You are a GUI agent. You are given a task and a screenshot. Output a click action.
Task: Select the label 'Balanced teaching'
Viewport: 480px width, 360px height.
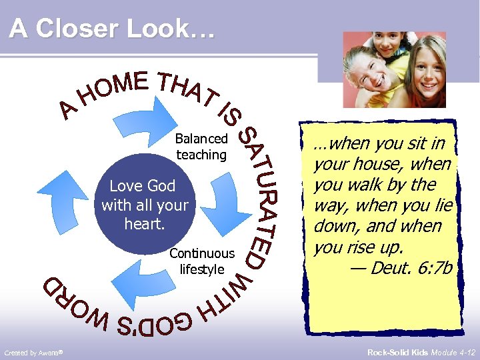click(201, 147)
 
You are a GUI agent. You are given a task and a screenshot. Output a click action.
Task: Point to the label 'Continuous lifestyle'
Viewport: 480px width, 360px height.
click(203, 261)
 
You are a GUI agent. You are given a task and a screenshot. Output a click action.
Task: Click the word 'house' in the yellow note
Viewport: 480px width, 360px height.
click(385, 164)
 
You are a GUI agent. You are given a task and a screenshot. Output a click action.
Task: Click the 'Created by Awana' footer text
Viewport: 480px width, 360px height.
click(33, 351)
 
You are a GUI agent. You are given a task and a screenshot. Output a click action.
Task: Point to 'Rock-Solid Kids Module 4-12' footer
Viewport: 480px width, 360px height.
click(423, 351)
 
